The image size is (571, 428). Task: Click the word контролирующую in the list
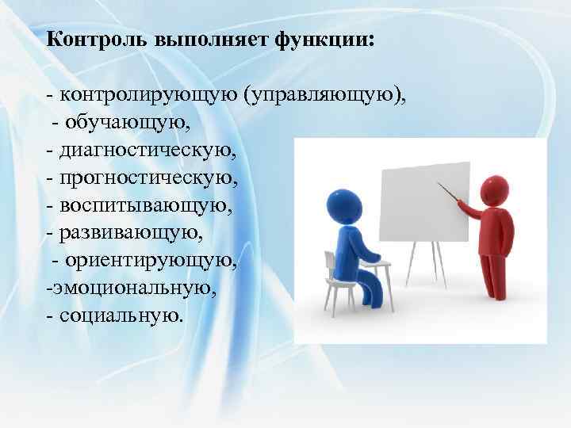(149, 97)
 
